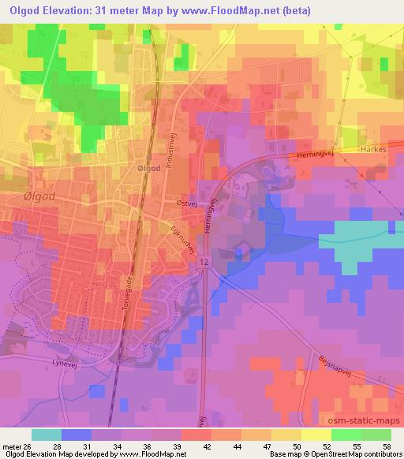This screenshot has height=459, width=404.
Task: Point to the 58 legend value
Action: pyautogui.click(x=387, y=446)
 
